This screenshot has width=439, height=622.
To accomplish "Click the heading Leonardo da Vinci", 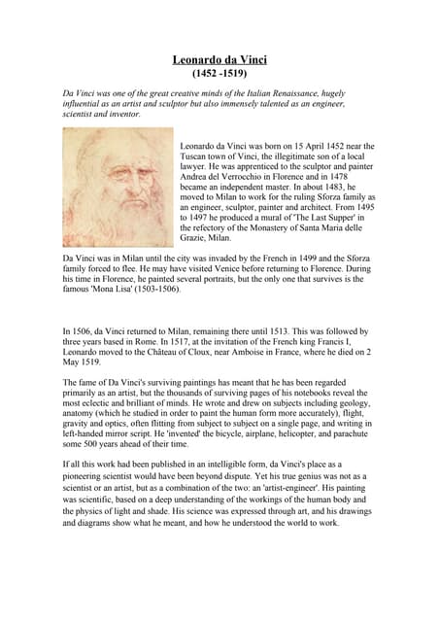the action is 219,60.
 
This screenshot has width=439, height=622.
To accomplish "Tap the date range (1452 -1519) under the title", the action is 219,74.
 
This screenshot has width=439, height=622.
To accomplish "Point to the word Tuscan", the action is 197,156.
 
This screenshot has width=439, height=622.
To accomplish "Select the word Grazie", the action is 196,237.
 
